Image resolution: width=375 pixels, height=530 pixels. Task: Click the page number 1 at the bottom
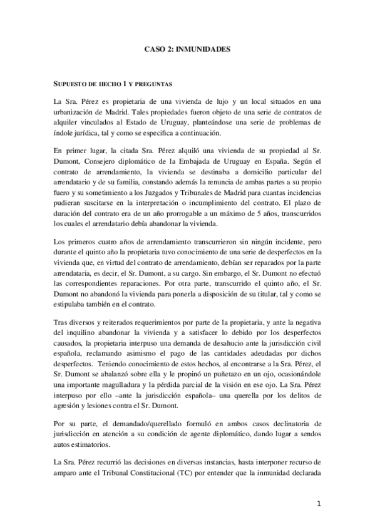point(319,504)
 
